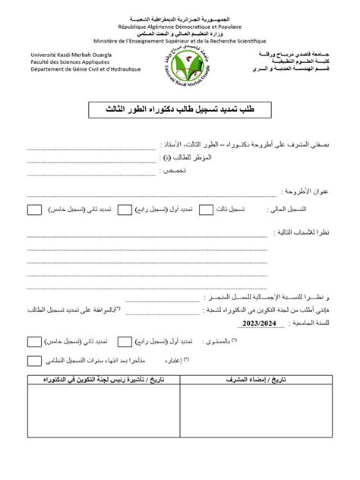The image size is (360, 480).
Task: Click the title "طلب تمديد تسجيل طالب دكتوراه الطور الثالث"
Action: pyautogui.click(x=180, y=111)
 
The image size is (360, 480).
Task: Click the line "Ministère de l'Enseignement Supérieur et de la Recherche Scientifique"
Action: pyautogui.click(x=180, y=40)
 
